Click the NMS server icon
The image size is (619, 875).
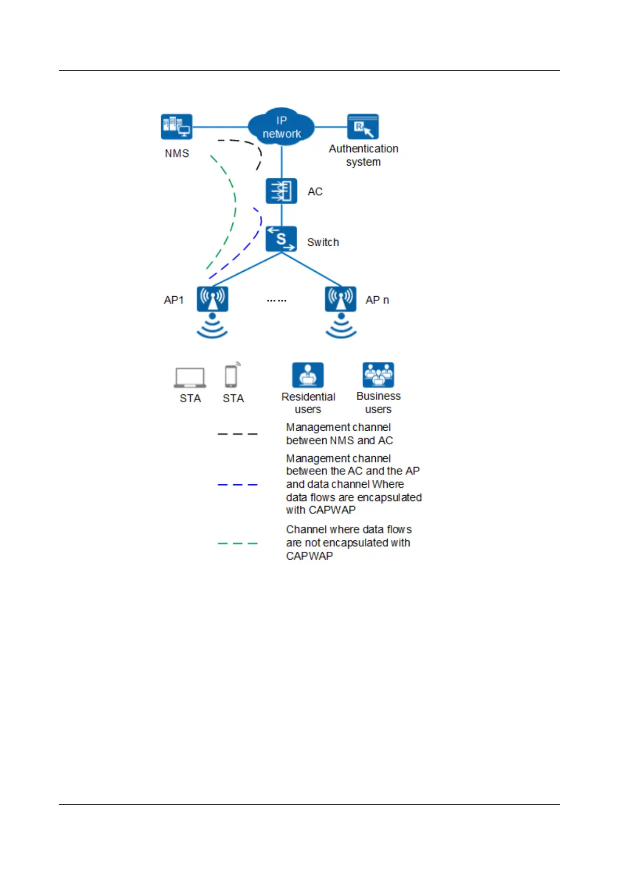click(177, 127)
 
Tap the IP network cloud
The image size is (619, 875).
click(281, 127)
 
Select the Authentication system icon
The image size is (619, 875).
click(363, 127)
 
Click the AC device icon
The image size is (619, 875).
click(281, 191)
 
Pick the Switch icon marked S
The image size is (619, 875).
click(281, 239)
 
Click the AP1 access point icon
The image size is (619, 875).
click(212, 299)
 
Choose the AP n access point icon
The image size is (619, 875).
click(340, 299)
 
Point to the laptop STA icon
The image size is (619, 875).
click(190, 377)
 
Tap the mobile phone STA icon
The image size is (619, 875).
click(231, 376)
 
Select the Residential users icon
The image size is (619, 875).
click(308, 375)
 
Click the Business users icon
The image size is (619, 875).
click(378, 375)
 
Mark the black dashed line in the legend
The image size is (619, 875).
click(238, 434)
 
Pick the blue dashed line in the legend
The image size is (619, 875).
click(238, 485)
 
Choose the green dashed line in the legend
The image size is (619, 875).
click(238, 543)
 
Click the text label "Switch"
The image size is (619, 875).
click(323, 243)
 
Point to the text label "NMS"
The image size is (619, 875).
click(177, 154)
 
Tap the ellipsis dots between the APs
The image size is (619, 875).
click(276, 300)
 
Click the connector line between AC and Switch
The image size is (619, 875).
click(281, 215)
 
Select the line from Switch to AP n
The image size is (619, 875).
click(312, 270)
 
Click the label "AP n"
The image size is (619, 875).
click(377, 300)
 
